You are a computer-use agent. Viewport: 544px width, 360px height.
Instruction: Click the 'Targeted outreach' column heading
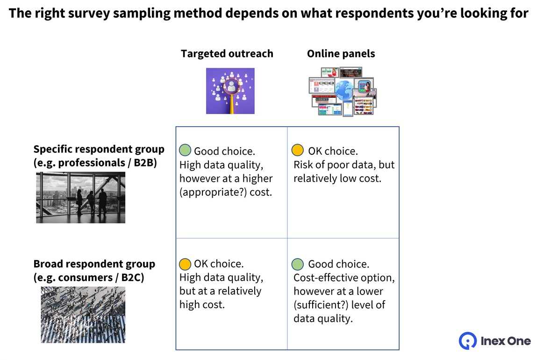point(227,54)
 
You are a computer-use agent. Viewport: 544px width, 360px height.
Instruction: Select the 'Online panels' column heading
point(341,54)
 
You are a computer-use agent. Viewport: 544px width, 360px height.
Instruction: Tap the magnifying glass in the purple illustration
point(231,88)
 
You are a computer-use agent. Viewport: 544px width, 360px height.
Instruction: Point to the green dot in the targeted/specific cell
point(185,151)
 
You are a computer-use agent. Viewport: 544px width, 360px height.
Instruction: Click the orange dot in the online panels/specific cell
point(298,150)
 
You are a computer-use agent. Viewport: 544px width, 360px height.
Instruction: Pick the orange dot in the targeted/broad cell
point(185,264)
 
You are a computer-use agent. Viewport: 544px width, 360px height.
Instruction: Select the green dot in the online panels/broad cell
point(298,264)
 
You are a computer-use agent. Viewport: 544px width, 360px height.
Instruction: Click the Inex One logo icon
point(467,341)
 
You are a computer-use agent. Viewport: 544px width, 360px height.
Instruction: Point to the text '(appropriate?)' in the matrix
point(208,192)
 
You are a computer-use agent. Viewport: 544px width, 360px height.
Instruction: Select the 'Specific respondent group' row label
point(99,150)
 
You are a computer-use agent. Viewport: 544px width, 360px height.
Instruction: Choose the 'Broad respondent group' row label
point(94,264)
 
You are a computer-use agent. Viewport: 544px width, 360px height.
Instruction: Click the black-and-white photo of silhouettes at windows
point(81,197)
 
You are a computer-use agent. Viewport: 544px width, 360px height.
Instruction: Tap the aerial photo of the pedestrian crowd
point(83,315)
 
